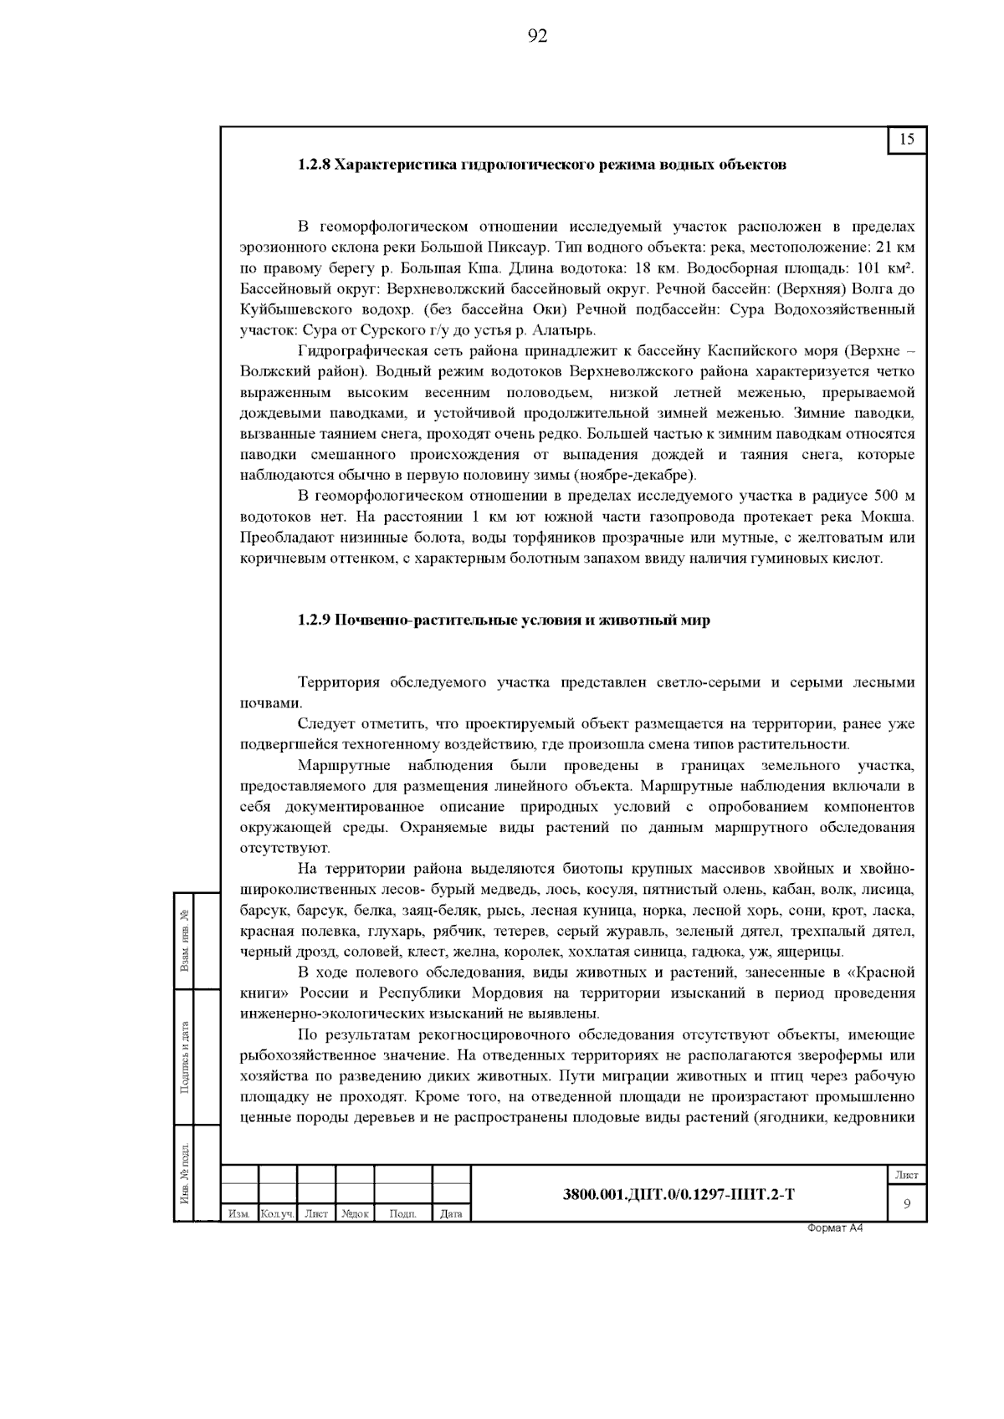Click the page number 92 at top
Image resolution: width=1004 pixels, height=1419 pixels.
(x=537, y=35)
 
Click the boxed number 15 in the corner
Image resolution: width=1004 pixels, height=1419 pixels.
(x=907, y=140)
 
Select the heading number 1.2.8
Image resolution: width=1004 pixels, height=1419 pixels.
(x=314, y=165)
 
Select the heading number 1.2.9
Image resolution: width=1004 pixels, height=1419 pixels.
(x=314, y=620)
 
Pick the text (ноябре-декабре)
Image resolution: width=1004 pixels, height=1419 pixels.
(x=633, y=476)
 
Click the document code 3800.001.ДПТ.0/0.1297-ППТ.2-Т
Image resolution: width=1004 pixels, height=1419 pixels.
(x=679, y=1195)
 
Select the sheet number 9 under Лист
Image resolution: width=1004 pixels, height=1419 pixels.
(x=906, y=1204)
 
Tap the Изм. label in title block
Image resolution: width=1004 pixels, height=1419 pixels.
(x=239, y=1214)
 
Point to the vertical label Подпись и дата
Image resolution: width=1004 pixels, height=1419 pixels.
(x=184, y=1056)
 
